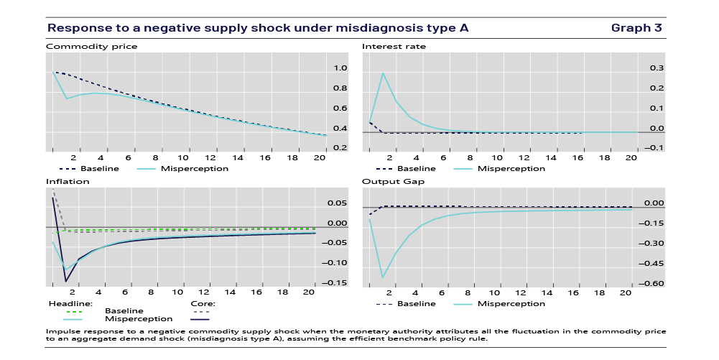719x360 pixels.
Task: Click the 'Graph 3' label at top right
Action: [x=636, y=28]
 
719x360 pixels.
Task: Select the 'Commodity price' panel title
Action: [x=91, y=47]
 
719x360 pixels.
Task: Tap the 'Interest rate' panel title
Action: [x=394, y=47]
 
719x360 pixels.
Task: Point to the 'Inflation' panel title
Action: [x=67, y=182]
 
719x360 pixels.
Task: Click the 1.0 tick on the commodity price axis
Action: [x=340, y=68]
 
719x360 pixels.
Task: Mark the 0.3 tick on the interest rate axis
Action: [x=656, y=68]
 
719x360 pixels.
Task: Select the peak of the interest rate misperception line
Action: [x=383, y=73]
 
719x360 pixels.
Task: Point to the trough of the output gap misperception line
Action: [x=383, y=277]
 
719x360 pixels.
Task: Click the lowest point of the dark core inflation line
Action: [x=66, y=281]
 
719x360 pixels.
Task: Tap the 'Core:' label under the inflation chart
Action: [x=203, y=303]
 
